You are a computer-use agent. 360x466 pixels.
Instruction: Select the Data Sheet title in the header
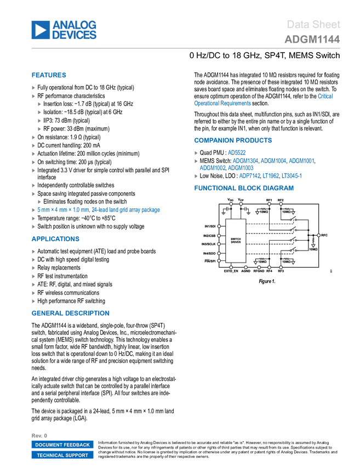314,24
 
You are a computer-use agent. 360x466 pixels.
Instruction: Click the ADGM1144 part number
312,39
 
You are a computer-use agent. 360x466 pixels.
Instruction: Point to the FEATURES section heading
49,76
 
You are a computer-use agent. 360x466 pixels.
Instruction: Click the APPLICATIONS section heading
55,239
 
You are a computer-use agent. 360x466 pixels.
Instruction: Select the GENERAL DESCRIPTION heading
70,313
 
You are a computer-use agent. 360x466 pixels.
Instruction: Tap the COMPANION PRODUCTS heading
233,140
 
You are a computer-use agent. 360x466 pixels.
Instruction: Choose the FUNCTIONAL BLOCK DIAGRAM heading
243,188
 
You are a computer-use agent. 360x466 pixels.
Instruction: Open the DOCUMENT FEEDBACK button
62,445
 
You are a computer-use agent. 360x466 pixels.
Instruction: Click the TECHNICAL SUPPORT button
62,456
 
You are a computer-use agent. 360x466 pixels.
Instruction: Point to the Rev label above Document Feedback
36,435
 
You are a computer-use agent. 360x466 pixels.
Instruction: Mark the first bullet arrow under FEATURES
33,88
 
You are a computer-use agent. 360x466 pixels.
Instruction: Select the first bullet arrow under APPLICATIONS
33,252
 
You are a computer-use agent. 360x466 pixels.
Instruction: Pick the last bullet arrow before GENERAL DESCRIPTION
33,301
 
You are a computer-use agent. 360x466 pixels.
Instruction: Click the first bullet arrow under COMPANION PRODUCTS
196,153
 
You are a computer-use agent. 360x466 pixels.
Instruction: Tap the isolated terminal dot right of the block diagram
318,235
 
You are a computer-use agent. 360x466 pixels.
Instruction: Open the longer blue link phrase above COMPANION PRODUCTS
222,103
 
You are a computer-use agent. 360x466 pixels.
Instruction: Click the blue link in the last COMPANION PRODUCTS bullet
270,176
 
